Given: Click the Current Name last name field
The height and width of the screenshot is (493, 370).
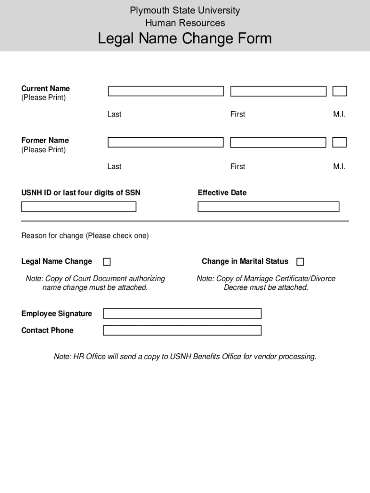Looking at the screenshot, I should click(x=166, y=91).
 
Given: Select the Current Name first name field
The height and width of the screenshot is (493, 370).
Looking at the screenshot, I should click(x=278, y=91).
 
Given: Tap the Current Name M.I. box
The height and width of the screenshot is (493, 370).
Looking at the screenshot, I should click(x=340, y=91).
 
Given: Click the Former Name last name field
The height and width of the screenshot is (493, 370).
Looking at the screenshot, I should click(x=166, y=143).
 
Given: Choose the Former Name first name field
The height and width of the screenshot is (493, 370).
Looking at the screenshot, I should click(x=278, y=143).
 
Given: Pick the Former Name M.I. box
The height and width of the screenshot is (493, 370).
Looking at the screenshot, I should click(x=340, y=143).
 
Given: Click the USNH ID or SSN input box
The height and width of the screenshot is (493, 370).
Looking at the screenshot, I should click(x=79, y=207).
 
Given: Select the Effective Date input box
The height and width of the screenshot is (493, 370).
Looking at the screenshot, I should click(x=268, y=207).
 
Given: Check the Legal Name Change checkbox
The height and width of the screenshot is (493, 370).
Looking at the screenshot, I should click(x=107, y=262).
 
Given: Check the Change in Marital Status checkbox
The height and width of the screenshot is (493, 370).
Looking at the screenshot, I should click(x=300, y=262).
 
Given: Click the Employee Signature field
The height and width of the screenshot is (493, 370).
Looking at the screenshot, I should click(x=182, y=313).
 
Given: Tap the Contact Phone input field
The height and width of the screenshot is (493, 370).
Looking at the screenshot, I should click(x=182, y=330).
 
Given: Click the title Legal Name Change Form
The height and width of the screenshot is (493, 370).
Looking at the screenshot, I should click(x=185, y=39).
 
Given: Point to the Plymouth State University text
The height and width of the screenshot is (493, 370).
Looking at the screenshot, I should click(x=185, y=10).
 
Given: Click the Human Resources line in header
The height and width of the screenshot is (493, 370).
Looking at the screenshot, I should click(x=185, y=23).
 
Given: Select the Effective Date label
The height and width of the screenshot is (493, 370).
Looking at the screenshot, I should click(x=222, y=193).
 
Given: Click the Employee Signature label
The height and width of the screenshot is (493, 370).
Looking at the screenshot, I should click(x=57, y=313).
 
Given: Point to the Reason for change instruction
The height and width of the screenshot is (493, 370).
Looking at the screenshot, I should click(x=85, y=235).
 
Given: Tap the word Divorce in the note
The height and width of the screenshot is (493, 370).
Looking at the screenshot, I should click(x=324, y=279).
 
